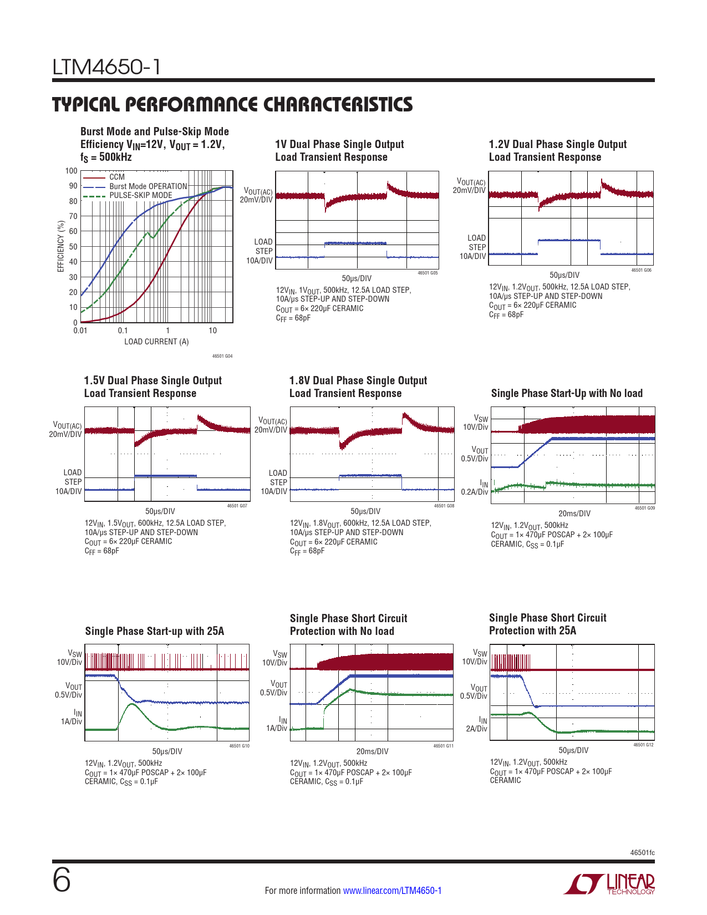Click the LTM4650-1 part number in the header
106,68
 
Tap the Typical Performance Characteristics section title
232,104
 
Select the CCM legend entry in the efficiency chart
117,177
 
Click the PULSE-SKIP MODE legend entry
141,195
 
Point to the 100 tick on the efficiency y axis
72,171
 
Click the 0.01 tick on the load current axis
80,331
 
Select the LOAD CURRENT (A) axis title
156,342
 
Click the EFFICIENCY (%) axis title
61,246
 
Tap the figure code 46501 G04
222,356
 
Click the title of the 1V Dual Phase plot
339,151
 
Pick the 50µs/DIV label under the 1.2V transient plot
564,275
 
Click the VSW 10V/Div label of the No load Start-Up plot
476,423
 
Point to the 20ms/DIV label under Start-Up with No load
574,514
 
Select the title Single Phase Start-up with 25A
155,631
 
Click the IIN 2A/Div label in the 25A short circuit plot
476,724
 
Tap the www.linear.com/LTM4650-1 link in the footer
392,891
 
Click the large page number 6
62,880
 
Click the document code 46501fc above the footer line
642,852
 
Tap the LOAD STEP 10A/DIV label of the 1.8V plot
275,482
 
